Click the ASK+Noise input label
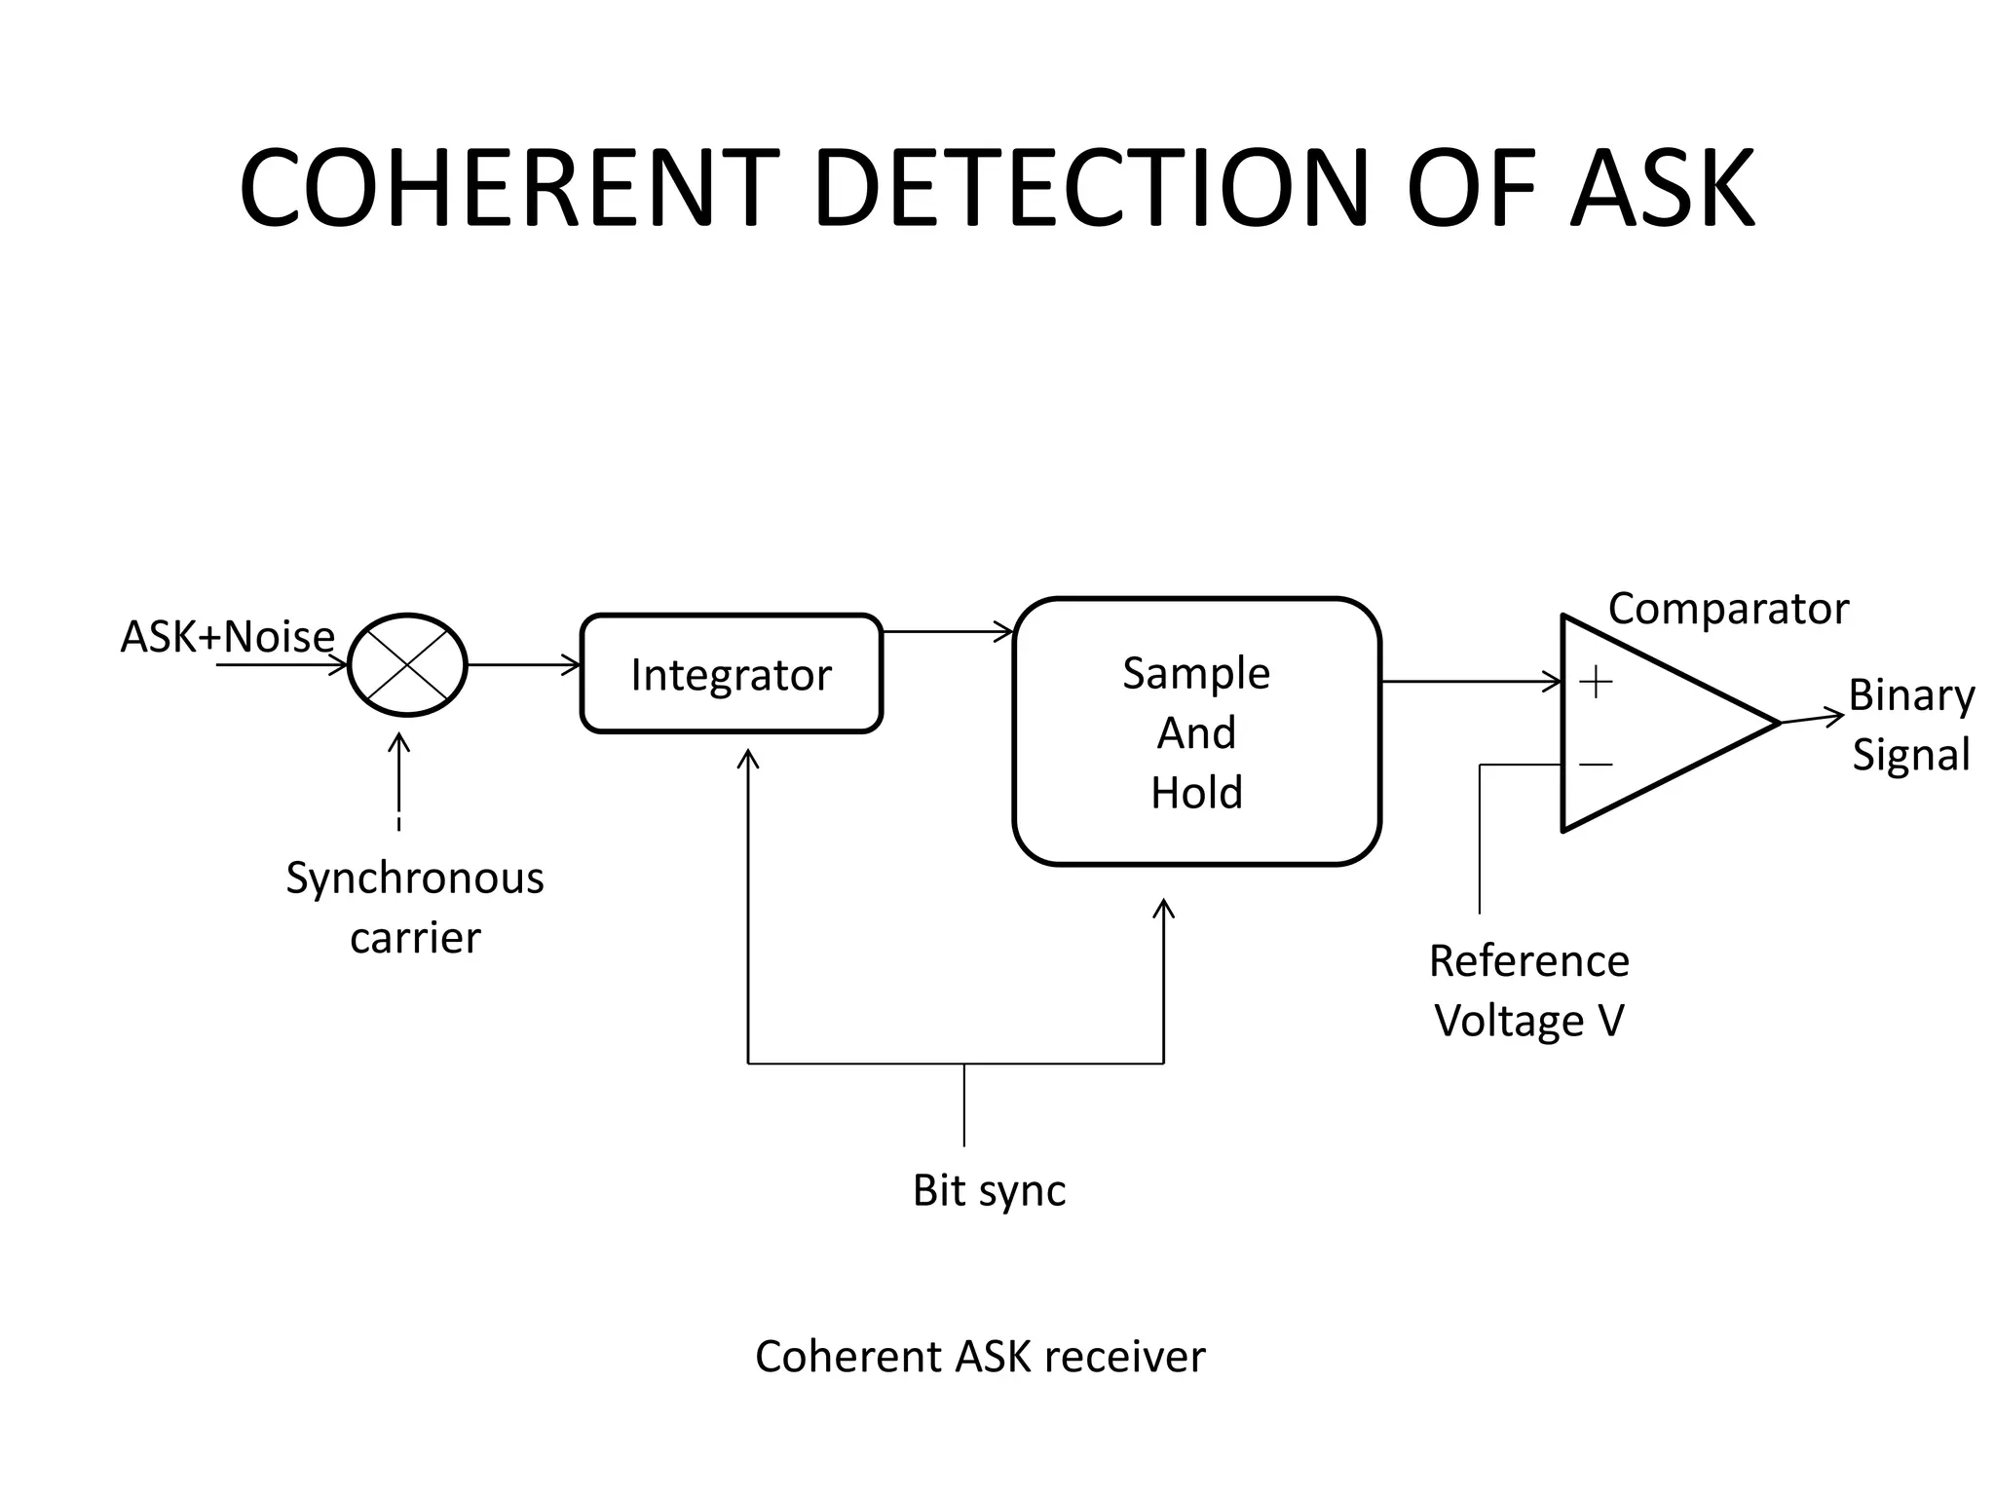pyautogui.click(x=227, y=637)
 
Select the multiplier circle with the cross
pyautogui.click(x=407, y=665)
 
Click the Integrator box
pyautogui.click(x=731, y=674)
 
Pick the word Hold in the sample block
pyautogui.click(x=1196, y=793)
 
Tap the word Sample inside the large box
pyautogui.click(x=1196, y=673)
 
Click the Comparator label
pyautogui.click(x=1727, y=610)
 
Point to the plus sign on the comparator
pyautogui.click(x=1596, y=682)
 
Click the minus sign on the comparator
pyautogui.click(x=1596, y=765)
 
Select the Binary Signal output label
pyautogui.click(x=1910, y=725)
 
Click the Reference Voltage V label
pyautogui.click(x=1528, y=991)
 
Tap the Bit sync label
pyautogui.click(x=989, y=1190)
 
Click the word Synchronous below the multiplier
pyautogui.click(x=414, y=879)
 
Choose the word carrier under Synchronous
pyautogui.click(x=415, y=938)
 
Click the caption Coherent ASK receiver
pyautogui.click(x=980, y=1357)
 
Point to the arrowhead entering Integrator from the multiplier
pyautogui.click(x=573, y=665)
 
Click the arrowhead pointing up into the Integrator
pyautogui.click(x=748, y=758)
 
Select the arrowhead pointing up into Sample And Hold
pyautogui.click(x=1163, y=908)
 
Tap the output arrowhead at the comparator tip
pyautogui.click(x=1835, y=718)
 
